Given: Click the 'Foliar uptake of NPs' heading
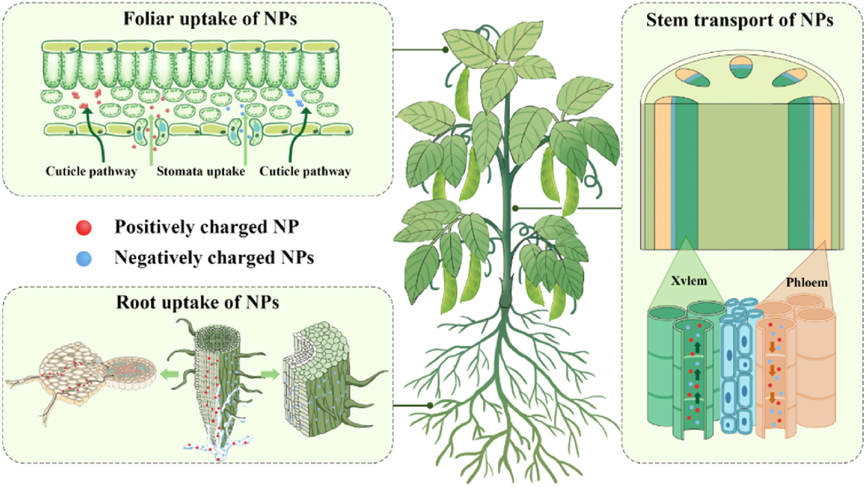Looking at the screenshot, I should click(210, 19).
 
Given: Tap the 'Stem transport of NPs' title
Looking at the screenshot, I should click(740, 20).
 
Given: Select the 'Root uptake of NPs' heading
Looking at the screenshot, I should click(198, 302).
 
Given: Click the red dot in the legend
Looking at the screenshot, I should click(84, 228).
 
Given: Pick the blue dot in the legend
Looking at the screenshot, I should click(84, 258).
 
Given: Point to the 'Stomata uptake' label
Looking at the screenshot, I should click(201, 171).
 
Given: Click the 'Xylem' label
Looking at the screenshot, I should click(689, 281).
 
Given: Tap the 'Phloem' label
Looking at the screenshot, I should click(806, 282).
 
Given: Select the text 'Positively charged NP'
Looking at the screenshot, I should click(207, 227).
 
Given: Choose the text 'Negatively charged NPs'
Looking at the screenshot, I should click(214, 258).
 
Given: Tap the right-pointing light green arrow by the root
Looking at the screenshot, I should click(270, 374).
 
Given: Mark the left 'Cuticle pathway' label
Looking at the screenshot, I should click(91, 171).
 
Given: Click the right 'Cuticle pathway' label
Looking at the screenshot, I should click(305, 171).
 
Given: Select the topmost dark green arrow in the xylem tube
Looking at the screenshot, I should click(698, 348).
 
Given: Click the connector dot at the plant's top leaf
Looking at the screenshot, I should click(445, 50).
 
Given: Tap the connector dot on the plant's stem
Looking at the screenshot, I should click(515, 208).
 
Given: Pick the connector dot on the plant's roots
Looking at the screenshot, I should click(430, 406).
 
